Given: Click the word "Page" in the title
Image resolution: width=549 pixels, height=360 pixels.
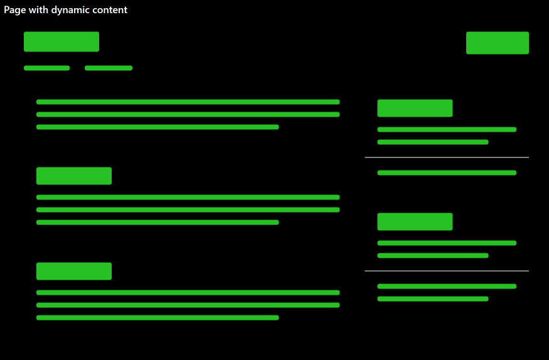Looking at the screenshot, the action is [14, 10].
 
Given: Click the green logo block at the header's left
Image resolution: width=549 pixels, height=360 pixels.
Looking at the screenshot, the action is [61, 41].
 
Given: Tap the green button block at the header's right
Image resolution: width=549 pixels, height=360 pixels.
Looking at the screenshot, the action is [497, 43].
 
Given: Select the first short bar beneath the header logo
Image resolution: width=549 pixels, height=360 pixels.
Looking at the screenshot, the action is [46, 68].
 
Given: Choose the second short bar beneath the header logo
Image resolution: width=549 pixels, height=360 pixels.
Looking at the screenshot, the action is [108, 68].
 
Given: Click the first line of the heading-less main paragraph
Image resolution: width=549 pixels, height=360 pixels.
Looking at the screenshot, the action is [188, 102].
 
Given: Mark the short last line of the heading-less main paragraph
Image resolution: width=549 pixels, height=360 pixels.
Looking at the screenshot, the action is [157, 127].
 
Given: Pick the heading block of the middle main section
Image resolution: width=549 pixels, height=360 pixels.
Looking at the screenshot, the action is [74, 176].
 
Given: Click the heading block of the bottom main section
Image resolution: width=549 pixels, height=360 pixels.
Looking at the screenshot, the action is [74, 271].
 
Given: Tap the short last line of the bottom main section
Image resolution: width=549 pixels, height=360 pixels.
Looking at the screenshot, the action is [157, 317].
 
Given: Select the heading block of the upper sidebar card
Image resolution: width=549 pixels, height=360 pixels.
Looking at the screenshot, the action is [415, 108].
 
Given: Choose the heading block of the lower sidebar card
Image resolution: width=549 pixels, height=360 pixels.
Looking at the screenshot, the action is [415, 221].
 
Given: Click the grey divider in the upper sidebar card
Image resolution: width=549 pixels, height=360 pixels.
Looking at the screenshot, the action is [447, 157].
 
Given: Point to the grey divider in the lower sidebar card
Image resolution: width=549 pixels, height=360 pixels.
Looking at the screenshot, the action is [447, 271].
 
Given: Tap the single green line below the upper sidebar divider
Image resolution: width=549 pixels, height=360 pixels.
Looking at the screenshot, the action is [447, 172].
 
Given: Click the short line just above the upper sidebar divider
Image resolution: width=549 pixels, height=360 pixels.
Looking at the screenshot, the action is [432, 142].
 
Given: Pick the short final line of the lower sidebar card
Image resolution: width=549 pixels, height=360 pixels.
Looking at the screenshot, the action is [432, 299].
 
